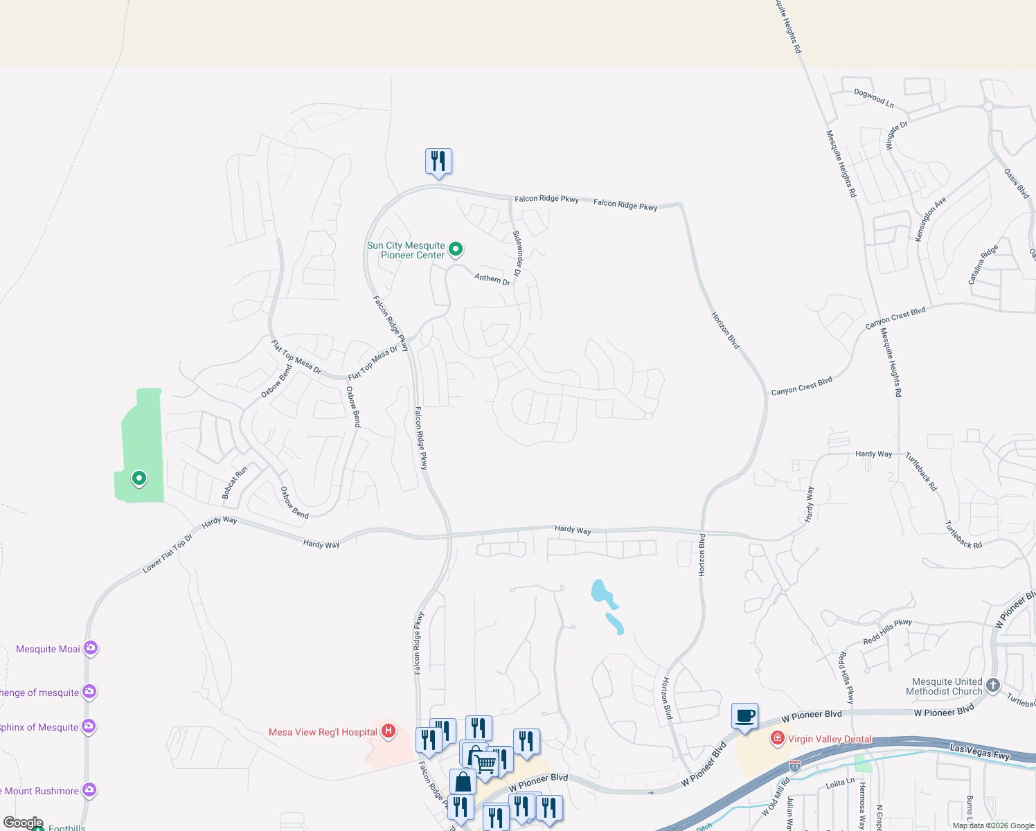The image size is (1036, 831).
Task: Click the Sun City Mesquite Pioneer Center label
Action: (406, 250)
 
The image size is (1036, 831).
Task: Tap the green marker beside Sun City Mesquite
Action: (456, 249)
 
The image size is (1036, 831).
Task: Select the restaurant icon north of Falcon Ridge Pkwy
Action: (438, 161)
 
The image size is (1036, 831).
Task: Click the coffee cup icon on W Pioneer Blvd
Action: (744, 716)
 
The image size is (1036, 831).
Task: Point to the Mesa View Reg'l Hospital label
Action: (323, 732)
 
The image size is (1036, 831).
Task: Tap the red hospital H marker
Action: (388, 731)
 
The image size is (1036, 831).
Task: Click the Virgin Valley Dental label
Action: (830, 739)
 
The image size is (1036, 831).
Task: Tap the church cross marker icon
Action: (993, 686)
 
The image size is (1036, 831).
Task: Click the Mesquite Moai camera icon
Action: (91, 648)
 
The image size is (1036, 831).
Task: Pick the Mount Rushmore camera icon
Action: (89, 789)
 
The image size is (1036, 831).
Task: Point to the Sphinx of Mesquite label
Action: (39, 727)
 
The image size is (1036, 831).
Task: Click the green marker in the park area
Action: (139, 478)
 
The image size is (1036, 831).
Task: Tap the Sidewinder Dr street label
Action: (518, 251)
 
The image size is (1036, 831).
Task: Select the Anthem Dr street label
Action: (492, 278)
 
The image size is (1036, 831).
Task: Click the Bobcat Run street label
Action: (235, 483)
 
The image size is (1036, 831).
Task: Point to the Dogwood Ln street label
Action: (874, 98)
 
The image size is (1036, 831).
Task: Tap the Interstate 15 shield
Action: (795, 766)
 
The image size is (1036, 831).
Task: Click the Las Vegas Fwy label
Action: (980, 752)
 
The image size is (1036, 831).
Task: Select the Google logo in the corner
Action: (24, 823)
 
